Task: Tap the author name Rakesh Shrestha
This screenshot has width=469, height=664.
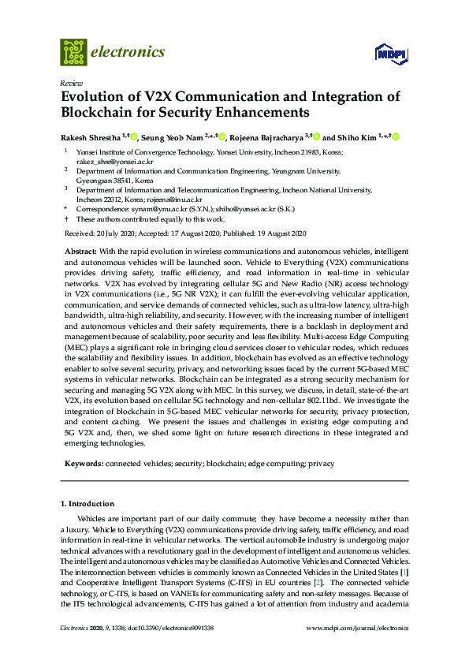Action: click(x=89, y=136)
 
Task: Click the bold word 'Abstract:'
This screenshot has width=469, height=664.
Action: click(x=80, y=249)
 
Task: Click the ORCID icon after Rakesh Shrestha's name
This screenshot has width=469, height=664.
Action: click(x=132, y=136)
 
